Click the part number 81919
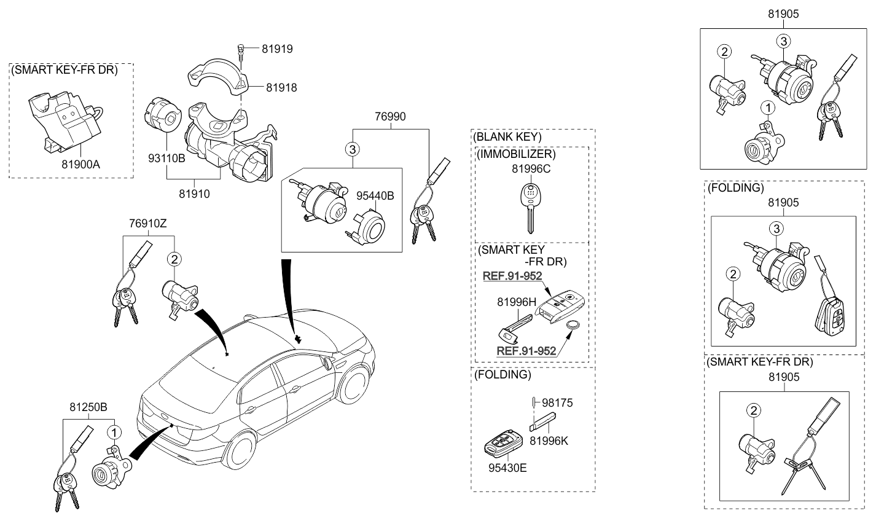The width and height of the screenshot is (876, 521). [277, 49]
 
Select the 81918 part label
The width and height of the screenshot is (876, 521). [281, 88]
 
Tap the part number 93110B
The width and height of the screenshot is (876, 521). [166, 159]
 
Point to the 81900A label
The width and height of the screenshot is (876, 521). [81, 165]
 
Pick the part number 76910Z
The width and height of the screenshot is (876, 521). [148, 224]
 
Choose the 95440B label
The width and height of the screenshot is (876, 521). [375, 196]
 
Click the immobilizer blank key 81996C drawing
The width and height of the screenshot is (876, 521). [530, 208]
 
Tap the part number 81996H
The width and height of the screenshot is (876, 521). [517, 302]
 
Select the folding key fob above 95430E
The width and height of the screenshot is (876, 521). [503, 444]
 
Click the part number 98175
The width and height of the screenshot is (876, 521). [557, 403]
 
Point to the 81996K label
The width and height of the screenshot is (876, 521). [549, 441]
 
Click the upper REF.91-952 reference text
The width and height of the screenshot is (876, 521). [512, 276]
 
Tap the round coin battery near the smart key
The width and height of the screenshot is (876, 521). [573, 324]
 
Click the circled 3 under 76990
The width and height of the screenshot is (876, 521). [353, 149]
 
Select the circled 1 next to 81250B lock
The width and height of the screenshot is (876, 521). [114, 433]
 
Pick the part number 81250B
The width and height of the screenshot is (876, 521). [88, 407]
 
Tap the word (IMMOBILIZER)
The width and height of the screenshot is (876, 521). [516, 154]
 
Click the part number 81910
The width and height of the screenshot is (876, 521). [194, 194]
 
